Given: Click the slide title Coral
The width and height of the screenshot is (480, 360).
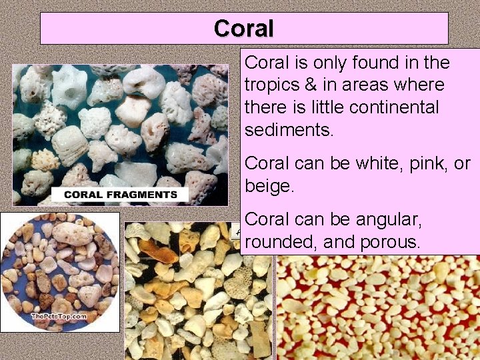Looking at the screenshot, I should coord(244,29).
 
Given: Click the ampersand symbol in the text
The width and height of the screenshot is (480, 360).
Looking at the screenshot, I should coord(307,85).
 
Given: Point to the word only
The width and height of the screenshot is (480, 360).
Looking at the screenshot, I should coord(317,63).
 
